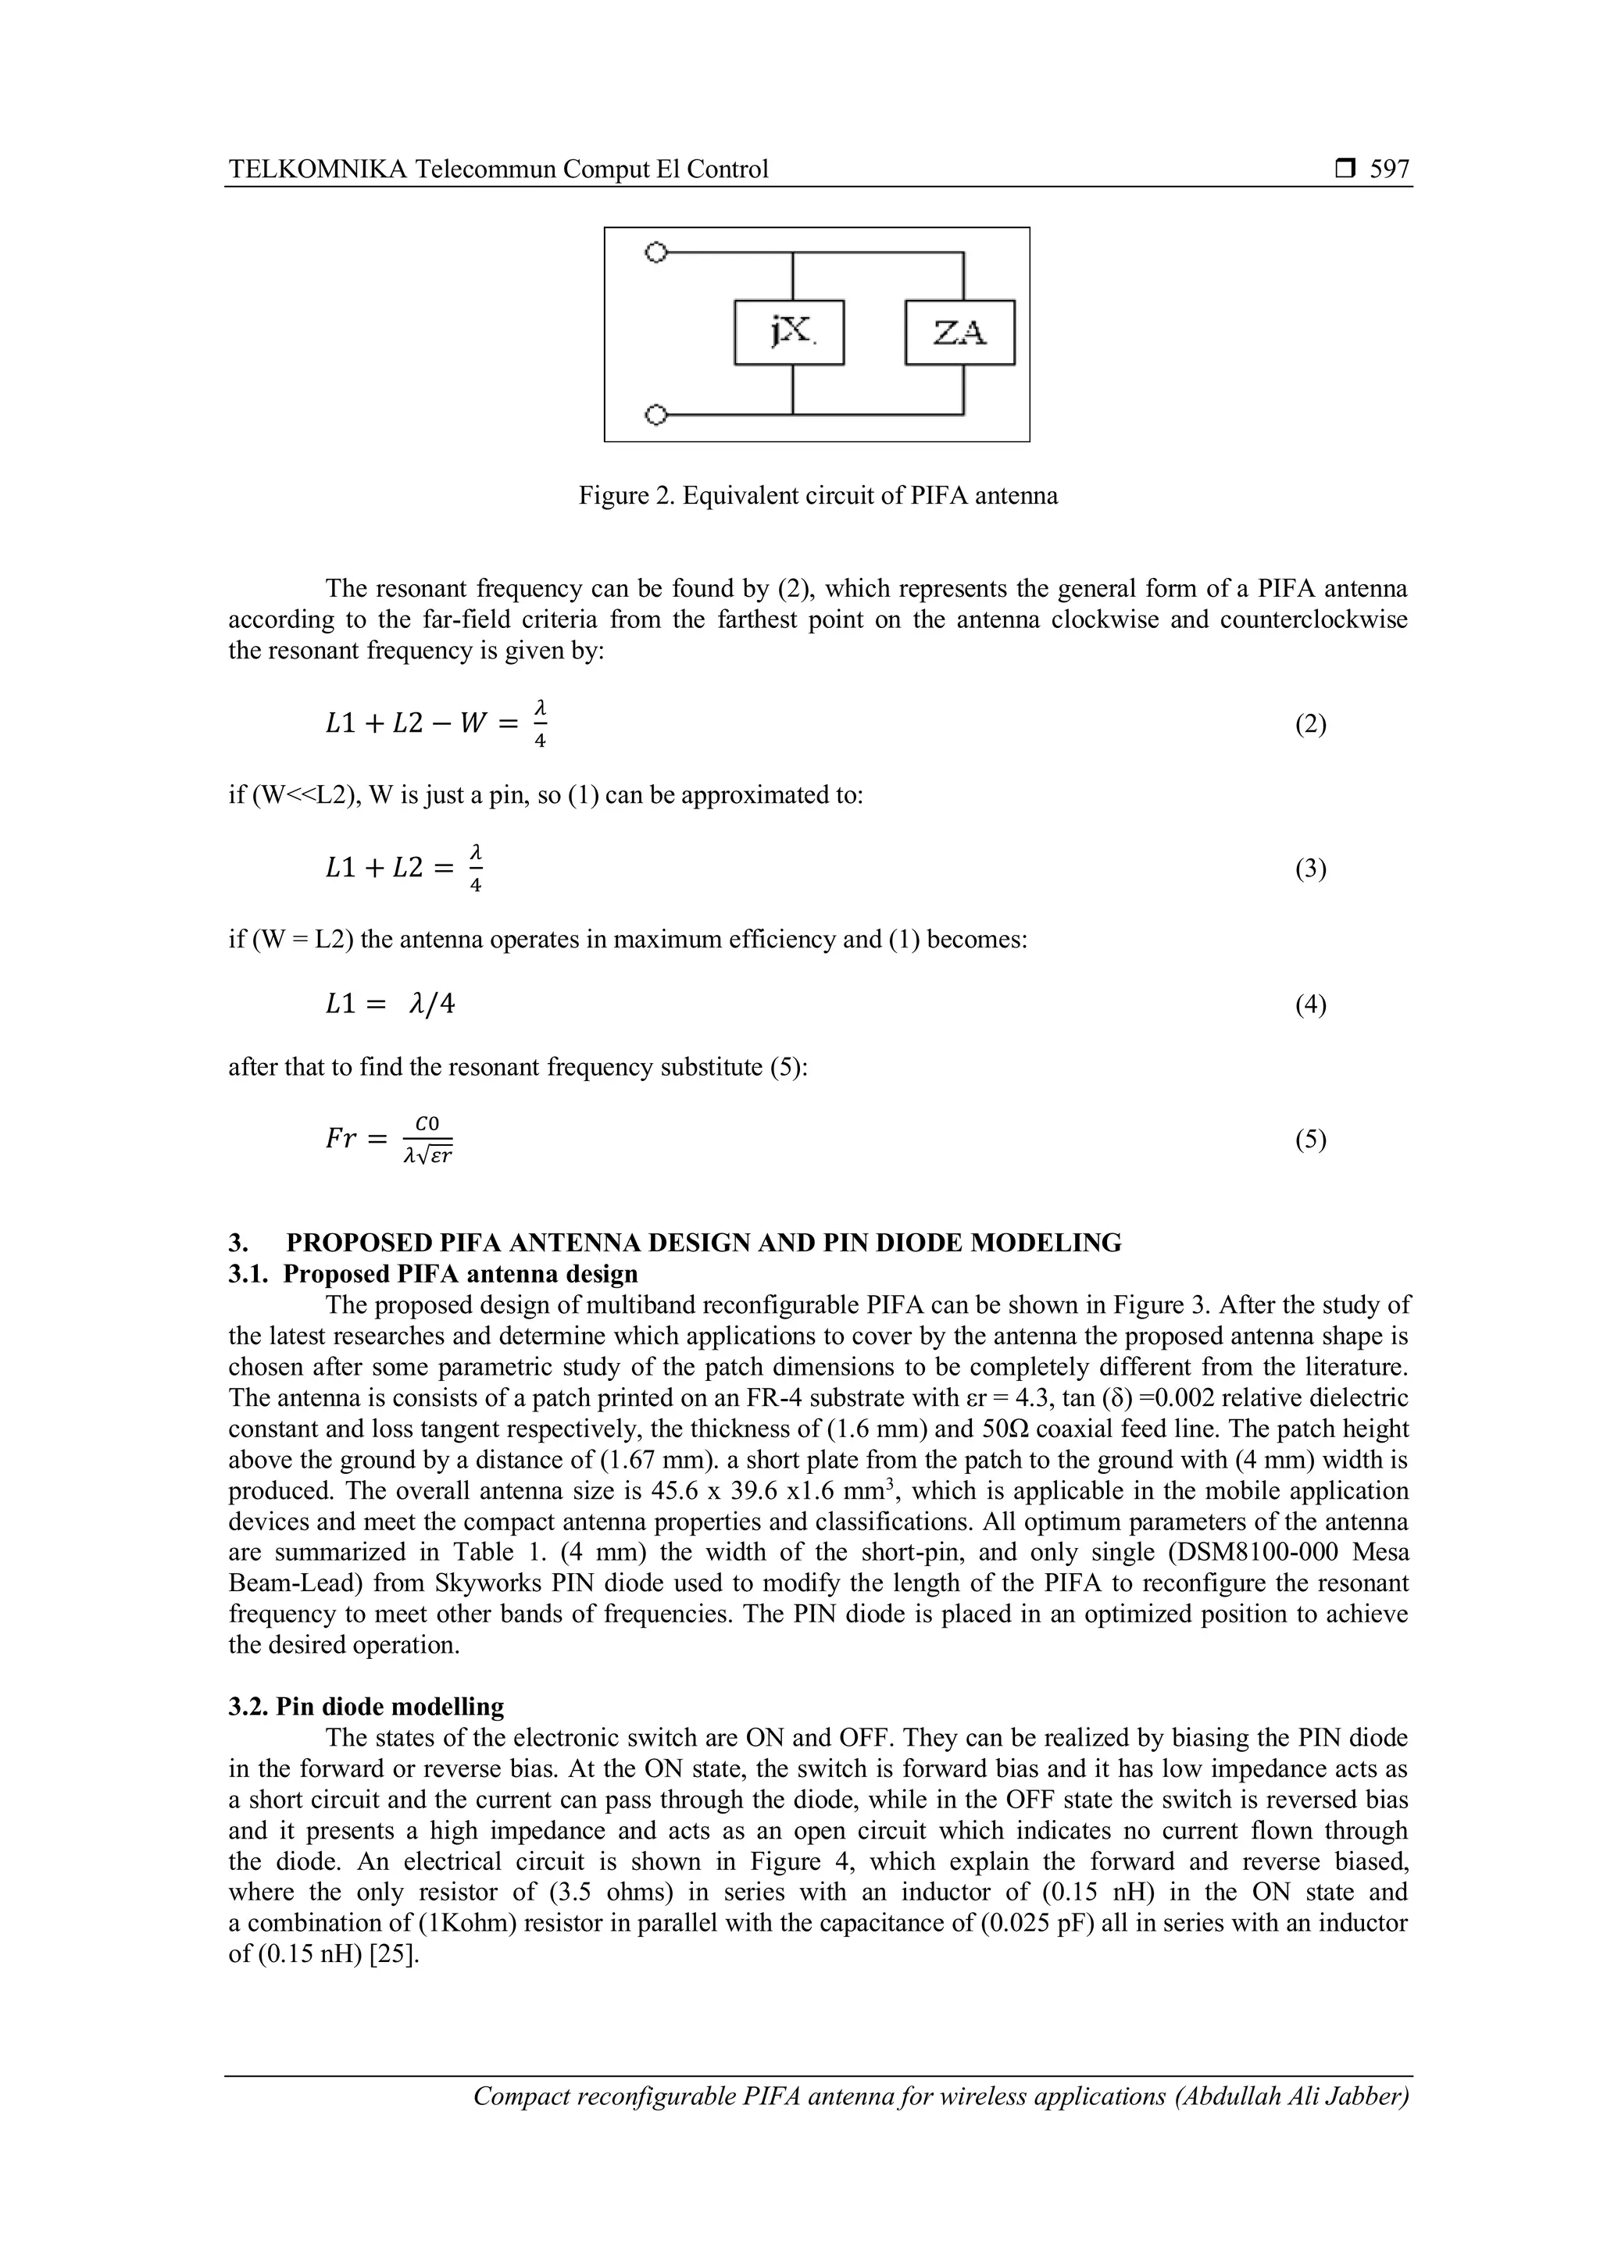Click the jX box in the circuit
[x=789, y=333]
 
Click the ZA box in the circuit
[x=959, y=333]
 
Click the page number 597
[x=1389, y=169]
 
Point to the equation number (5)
[x=1310, y=1140]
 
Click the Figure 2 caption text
[x=818, y=495]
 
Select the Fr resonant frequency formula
[x=389, y=1139]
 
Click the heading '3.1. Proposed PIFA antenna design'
[x=434, y=1274]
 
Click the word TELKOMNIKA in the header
[x=317, y=169]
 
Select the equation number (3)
[x=1310, y=869]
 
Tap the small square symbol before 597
[x=1345, y=169]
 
